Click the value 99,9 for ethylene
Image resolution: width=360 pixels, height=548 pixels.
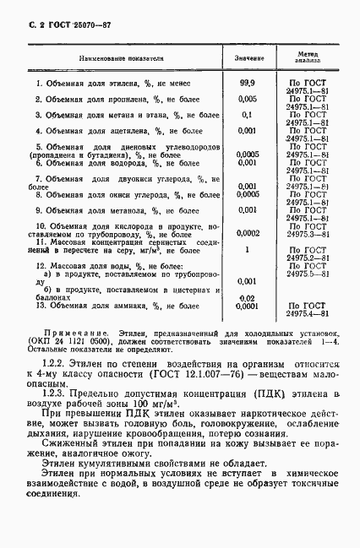248,84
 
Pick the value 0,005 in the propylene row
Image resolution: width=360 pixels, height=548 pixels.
248,99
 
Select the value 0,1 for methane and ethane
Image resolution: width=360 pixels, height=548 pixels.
248,114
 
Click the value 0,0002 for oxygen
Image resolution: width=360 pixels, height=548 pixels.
248,233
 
